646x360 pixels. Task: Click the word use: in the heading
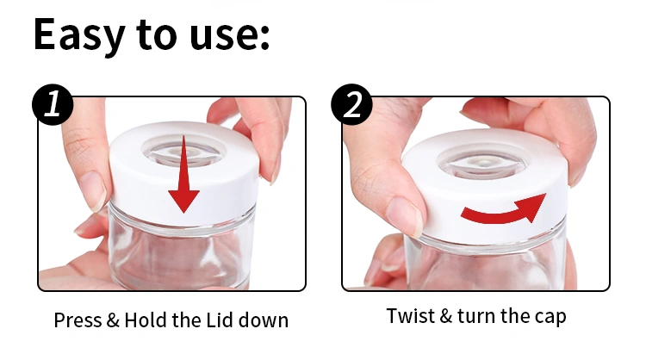227,36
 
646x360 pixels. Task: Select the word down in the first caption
266,320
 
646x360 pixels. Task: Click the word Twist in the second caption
409,316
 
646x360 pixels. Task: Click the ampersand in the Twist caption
445,316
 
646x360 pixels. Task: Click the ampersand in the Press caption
112,320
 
